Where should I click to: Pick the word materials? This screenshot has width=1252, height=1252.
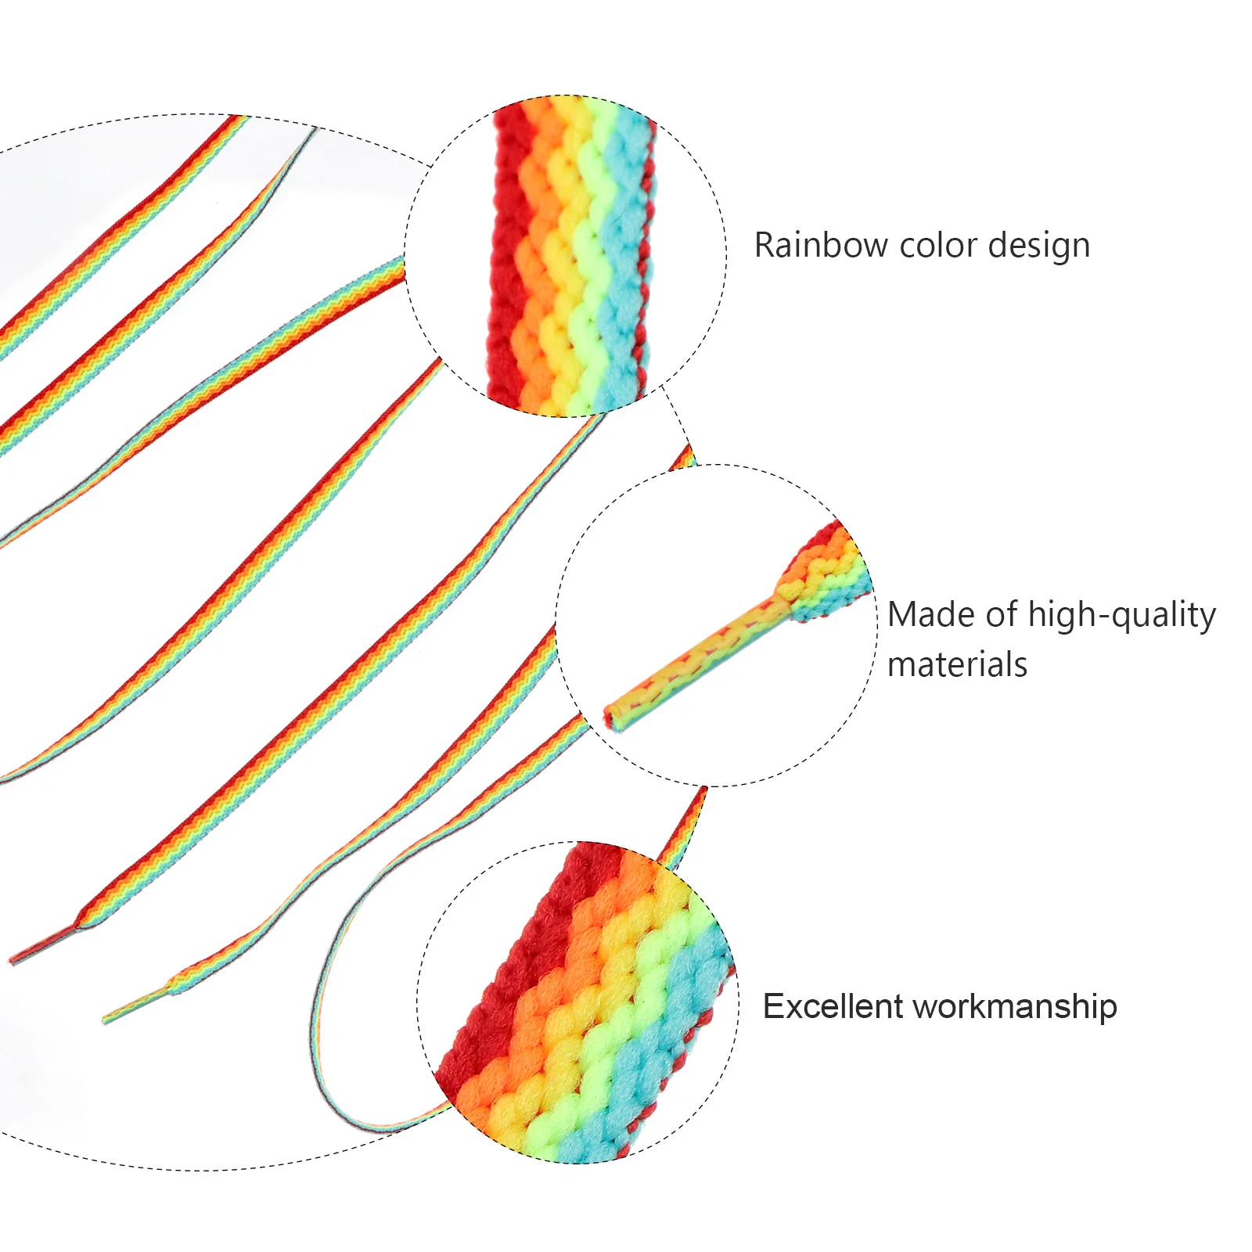pyautogui.click(x=957, y=665)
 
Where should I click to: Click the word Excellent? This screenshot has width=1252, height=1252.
pyautogui.click(x=831, y=1006)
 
